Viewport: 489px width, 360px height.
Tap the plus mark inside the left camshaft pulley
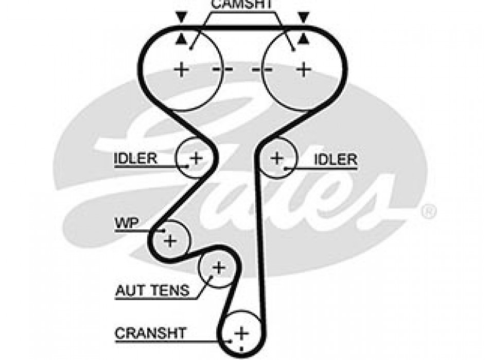[181, 69]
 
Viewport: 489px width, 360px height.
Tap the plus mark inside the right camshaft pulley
[304, 69]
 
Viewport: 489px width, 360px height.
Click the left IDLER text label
[135, 158]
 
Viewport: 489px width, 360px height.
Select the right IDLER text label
[336, 159]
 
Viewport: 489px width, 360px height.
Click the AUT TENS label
[152, 291]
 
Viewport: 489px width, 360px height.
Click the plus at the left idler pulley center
[196, 158]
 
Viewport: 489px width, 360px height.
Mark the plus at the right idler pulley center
[277, 158]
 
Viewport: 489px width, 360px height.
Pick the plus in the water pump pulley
[170, 240]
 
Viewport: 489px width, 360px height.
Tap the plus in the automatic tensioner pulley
[219, 267]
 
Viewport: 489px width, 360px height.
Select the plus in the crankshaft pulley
[241, 333]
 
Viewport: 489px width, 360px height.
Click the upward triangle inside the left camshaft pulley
[180, 38]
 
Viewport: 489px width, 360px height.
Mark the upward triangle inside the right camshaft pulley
[304, 38]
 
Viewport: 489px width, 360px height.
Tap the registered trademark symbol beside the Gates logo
[428, 211]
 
